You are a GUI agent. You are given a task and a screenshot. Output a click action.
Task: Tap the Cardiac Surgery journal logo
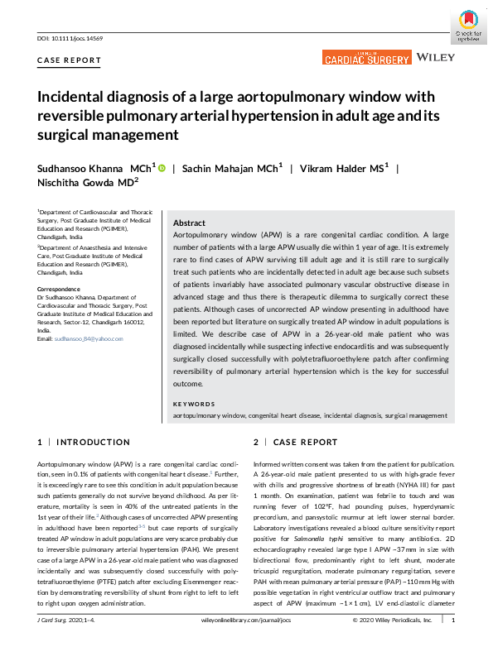pos(366,58)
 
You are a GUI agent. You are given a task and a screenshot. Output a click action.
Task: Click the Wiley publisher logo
pos(436,57)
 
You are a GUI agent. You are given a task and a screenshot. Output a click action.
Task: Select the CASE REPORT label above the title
pos(70,60)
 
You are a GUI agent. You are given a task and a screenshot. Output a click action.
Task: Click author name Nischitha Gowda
pos(80,184)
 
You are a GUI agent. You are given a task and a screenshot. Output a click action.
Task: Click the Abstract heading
pos(189,223)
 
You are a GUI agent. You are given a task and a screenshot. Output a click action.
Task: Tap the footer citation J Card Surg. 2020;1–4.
pos(70,641)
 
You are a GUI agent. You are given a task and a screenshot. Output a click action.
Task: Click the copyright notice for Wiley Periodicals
pos(392,641)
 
